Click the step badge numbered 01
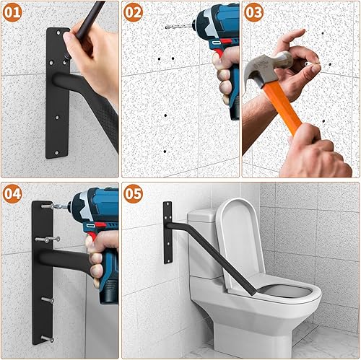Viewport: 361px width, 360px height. [13, 13]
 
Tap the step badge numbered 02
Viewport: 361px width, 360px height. [134, 13]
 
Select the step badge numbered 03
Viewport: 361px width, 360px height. [253, 13]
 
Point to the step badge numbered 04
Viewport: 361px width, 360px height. [13, 193]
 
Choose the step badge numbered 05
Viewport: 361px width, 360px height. [134, 193]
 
